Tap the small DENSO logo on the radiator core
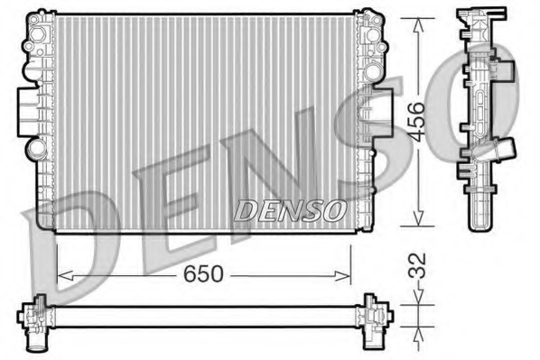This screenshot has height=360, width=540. pyautogui.click(x=291, y=209)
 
